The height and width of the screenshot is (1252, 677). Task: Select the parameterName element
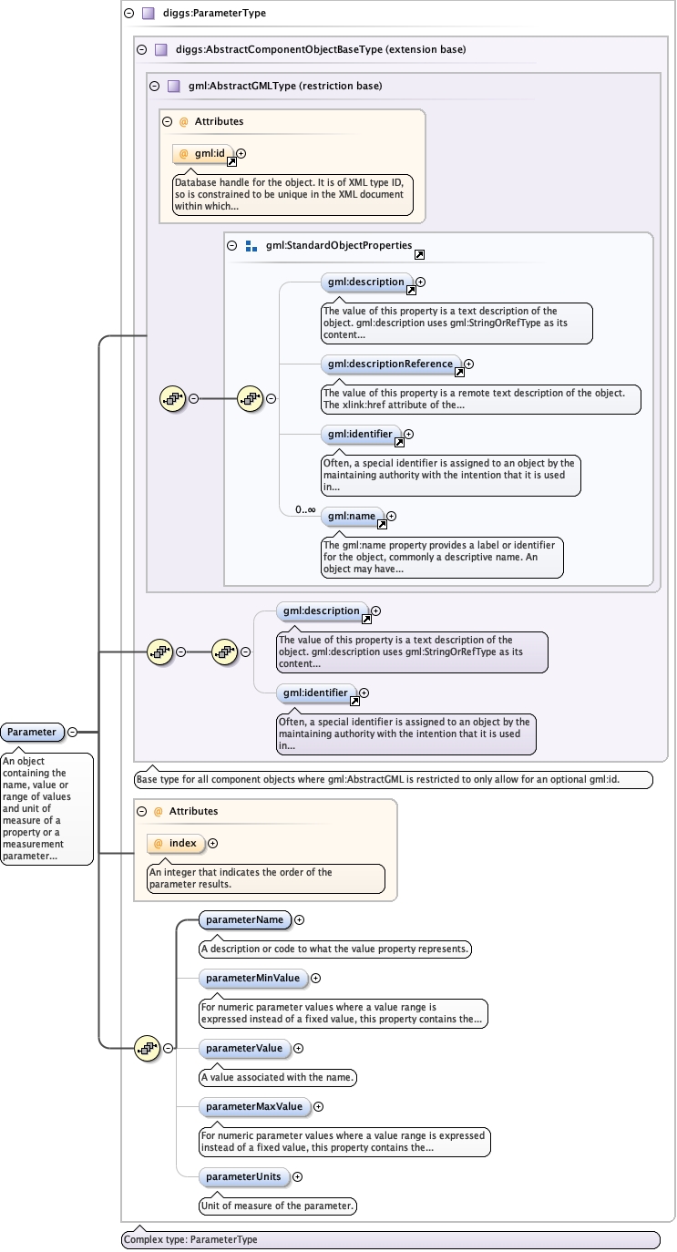click(244, 919)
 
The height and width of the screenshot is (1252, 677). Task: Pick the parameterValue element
click(244, 1048)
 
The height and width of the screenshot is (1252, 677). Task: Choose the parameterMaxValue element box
click(253, 1106)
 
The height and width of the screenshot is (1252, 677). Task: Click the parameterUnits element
click(243, 1176)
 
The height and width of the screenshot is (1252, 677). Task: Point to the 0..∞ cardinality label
click(304, 510)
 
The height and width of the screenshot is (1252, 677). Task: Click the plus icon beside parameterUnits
click(297, 1176)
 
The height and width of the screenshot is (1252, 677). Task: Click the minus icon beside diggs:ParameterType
click(129, 14)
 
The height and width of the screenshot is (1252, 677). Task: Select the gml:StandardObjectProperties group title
click(338, 246)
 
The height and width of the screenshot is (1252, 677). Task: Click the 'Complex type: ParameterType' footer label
click(191, 1239)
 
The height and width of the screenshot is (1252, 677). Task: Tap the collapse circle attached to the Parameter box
click(72, 732)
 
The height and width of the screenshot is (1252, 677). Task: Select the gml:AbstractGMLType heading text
click(284, 86)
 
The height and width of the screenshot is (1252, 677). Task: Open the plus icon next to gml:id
click(241, 153)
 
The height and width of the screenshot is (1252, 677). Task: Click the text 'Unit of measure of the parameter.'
click(277, 1206)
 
